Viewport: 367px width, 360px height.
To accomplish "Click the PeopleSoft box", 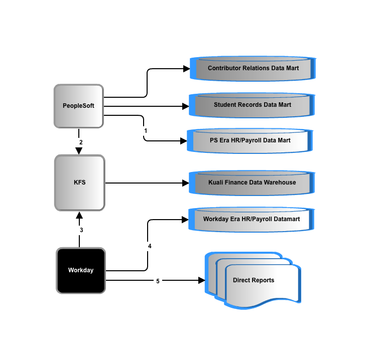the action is click(79, 106).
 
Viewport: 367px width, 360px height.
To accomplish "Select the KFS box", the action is click(80, 183).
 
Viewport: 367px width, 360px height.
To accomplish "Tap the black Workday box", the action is click(81, 270).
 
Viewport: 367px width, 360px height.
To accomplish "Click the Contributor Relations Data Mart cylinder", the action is click(253, 69).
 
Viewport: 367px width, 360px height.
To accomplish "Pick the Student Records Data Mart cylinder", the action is click(252, 105).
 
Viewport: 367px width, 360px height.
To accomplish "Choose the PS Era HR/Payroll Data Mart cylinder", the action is click(250, 141).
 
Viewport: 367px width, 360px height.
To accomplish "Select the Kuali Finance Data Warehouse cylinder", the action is click(252, 183).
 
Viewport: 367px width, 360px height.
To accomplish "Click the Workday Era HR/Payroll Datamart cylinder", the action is click(252, 219).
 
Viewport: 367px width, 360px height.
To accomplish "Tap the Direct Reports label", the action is click(254, 280).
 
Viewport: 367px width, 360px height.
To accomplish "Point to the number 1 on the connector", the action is click(146, 131).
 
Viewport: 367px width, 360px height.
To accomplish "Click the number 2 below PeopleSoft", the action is click(81, 142).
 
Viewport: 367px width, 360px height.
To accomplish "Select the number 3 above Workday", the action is click(81, 230).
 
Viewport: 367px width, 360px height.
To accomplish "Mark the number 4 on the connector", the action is click(150, 246).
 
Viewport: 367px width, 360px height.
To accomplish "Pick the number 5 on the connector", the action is click(158, 281).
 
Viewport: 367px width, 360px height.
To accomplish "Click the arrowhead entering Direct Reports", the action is click(201, 280).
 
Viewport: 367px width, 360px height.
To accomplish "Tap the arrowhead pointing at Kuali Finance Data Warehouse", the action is click(186, 183).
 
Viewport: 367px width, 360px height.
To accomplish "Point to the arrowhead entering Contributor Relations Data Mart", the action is click(187, 69).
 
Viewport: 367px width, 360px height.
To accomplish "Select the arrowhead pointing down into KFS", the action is click(79, 151).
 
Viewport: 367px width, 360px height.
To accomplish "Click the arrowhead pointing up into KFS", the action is click(79, 215).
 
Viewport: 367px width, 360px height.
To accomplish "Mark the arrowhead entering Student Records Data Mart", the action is click(186, 106).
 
